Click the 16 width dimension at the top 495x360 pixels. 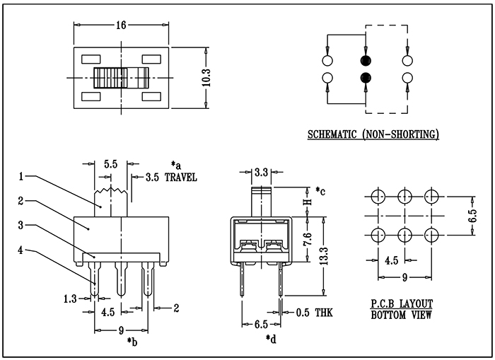click(121, 25)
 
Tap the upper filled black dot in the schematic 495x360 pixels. click(366, 60)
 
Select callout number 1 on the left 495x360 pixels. click(22, 175)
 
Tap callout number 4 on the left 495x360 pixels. click(22, 249)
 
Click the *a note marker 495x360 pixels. click(177, 165)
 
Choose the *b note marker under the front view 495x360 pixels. click(132, 342)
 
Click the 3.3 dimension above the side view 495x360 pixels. click(261, 171)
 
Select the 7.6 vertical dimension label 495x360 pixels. click(306, 240)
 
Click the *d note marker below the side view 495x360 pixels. click(270, 339)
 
